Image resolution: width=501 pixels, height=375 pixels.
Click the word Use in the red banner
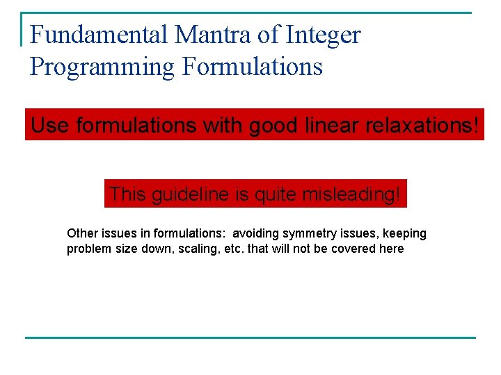point(51,126)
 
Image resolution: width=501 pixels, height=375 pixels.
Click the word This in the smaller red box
point(127,194)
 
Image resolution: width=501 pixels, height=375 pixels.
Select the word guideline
point(186,194)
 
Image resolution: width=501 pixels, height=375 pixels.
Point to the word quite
point(272,194)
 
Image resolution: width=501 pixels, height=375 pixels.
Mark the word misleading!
point(352,194)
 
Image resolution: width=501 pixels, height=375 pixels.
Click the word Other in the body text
point(81,233)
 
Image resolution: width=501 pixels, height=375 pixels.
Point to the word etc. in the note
point(234,249)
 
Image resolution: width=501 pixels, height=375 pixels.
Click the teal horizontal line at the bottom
point(250,337)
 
